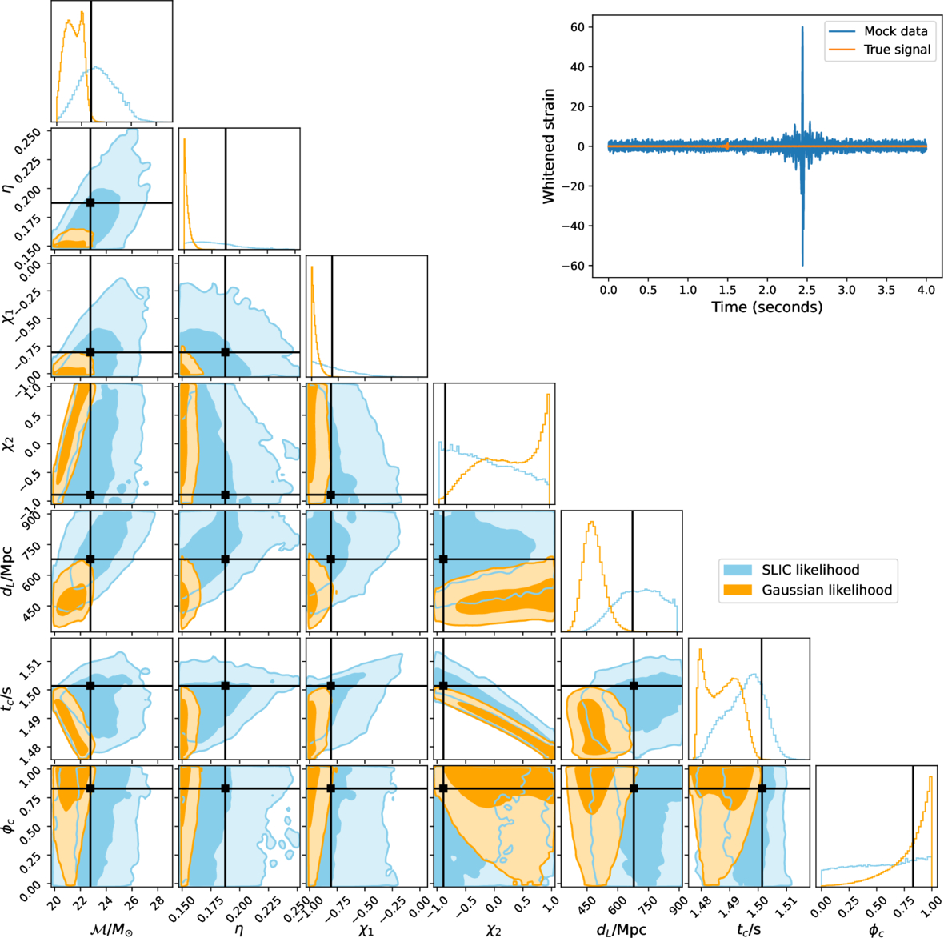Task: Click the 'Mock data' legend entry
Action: click(x=895, y=31)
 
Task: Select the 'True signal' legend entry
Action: click(x=897, y=50)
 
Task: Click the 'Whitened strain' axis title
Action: click(x=549, y=146)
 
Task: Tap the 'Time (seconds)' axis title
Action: click(x=766, y=307)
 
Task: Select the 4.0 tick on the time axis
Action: click(x=926, y=290)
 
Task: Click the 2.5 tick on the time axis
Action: click(x=806, y=290)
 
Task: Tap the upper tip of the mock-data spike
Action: click(x=802, y=27)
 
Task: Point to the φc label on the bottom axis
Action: click(x=876, y=929)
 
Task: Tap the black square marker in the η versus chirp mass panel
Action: click(x=90, y=203)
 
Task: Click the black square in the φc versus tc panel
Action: click(x=762, y=788)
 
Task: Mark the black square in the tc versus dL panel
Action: click(x=634, y=686)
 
